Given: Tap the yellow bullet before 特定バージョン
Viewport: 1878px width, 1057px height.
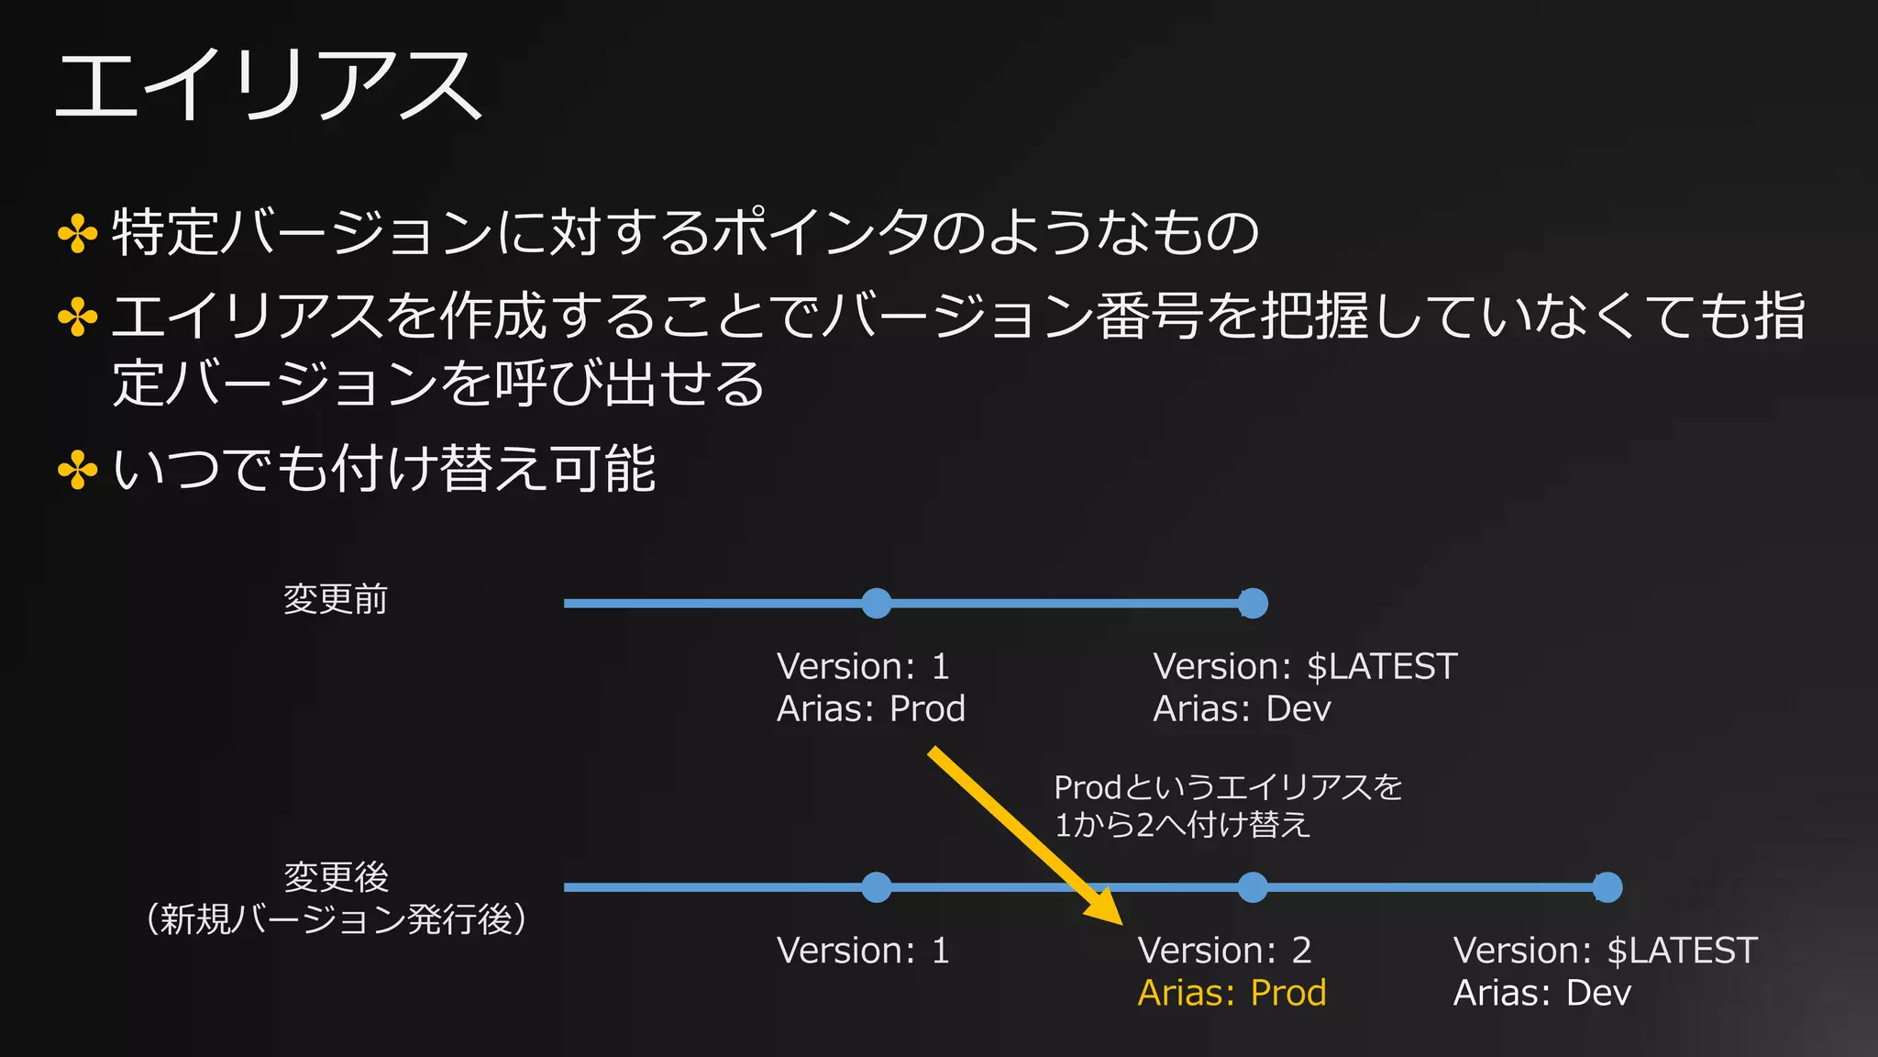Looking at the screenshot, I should coord(78,233).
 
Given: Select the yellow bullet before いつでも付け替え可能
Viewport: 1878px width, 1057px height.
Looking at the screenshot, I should coord(78,471).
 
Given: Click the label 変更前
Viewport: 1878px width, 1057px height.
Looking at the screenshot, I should coord(336,600).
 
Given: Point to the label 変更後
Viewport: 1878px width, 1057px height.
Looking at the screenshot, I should coord(336,877).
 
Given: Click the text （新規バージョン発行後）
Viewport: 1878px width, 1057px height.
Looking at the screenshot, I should coord(336,918).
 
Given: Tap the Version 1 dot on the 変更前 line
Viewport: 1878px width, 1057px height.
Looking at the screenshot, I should coord(877,604).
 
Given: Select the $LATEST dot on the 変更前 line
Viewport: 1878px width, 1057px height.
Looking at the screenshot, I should coord(1253,604).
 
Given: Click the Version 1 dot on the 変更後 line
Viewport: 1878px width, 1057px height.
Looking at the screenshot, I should coord(877,887).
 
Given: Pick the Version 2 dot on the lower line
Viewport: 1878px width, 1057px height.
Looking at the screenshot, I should coord(1253,887).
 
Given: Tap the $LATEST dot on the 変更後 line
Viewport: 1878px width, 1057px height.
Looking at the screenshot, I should coord(1607,887).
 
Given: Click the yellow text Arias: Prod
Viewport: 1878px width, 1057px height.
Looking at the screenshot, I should coord(1232,993).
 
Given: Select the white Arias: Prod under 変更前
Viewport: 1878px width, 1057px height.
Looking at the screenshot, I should coord(870,709).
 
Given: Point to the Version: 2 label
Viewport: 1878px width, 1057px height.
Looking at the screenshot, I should coord(1224,951).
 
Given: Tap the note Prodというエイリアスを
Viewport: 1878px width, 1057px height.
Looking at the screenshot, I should coord(1228,787).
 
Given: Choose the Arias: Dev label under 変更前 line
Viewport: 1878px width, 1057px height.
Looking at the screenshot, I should coord(1242,709).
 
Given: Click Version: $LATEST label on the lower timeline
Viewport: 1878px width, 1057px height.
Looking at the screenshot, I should coord(1605,951).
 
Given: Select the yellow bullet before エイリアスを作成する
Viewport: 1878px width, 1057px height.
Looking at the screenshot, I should coord(78,317).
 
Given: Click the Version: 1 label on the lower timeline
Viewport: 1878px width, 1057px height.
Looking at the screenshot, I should coord(863,951).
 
